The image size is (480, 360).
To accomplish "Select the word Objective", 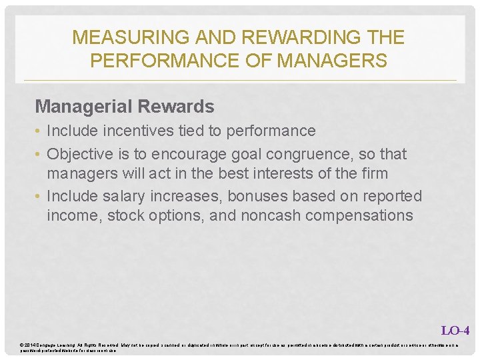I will tap(80, 154).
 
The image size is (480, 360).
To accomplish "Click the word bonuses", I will tap(251, 197).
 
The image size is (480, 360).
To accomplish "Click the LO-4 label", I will tap(455, 330).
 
